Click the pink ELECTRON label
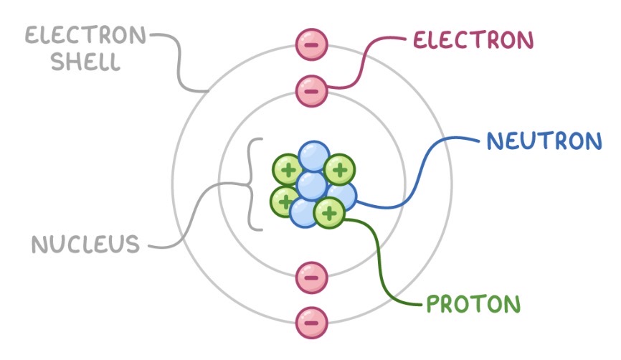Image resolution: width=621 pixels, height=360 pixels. coord(473,40)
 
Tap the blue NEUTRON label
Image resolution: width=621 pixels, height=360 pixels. coord(544,141)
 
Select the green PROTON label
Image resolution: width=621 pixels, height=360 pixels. coord(473,304)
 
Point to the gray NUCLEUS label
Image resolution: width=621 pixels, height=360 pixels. coord(85,245)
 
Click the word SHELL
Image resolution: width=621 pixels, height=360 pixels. coord(80,62)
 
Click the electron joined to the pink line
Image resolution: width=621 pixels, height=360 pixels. coord(311,91)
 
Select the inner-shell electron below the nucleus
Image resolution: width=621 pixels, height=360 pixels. coord(311,275)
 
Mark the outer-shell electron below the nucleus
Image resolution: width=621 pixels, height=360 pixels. coord(311,321)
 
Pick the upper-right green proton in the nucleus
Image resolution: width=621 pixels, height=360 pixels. coord(339,170)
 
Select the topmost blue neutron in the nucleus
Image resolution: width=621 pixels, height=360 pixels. coord(313,156)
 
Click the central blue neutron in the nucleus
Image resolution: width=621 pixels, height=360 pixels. coord(312,185)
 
